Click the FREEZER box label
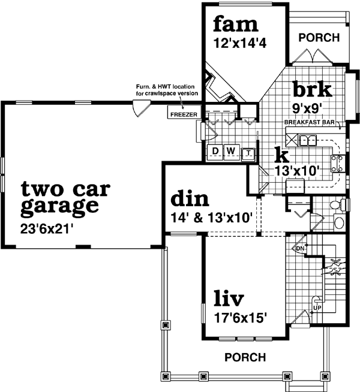[181, 113]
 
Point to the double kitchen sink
[308, 140]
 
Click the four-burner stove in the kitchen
[337, 164]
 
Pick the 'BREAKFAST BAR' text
[308, 122]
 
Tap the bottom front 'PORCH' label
[245, 357]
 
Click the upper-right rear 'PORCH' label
[319, 38]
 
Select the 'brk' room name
[312, 90]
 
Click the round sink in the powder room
[339, 224]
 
